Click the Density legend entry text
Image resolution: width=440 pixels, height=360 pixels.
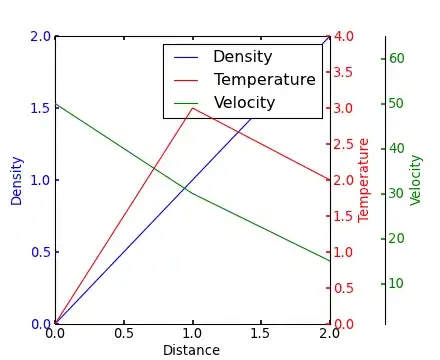coord(243,57)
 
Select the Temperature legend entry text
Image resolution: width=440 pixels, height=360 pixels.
coord(265,80)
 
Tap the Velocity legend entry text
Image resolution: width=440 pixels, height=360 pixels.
coord(244,103)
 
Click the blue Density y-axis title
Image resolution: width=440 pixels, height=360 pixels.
coord(16,181)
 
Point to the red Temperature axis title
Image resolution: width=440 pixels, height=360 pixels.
coord(363,180)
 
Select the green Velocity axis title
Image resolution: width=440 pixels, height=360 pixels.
coord(416,180)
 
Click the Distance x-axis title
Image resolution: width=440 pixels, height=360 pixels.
coord(191,350)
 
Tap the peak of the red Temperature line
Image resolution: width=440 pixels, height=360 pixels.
coord(192,108)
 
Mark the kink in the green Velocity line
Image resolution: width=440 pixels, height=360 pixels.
coord(192,193)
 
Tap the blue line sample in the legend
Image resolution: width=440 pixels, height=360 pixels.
coord(186,58)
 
